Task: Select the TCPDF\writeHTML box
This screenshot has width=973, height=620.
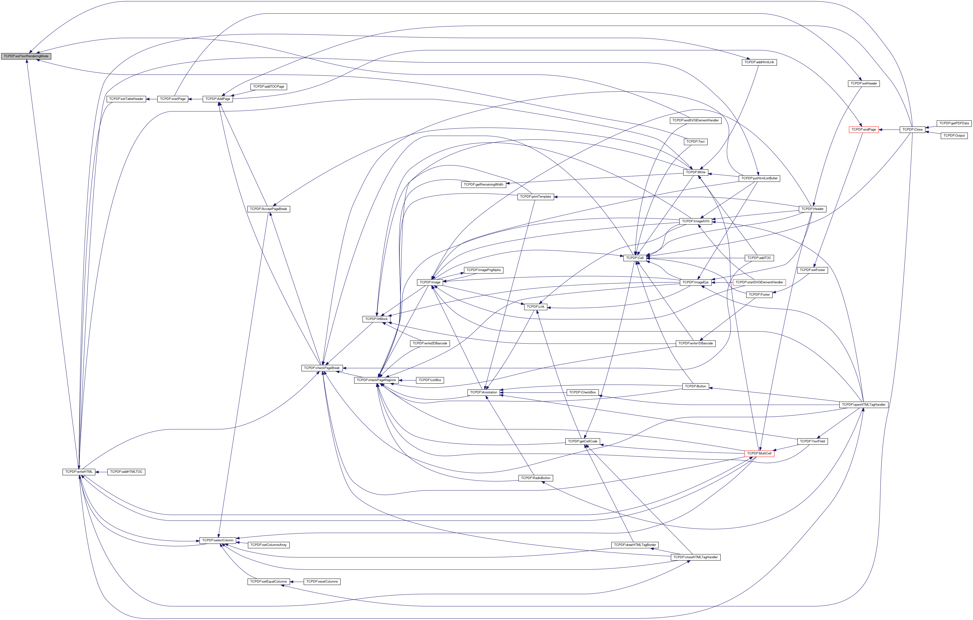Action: [x=79, y=472]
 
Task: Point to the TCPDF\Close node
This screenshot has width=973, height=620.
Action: [x=912, y=129]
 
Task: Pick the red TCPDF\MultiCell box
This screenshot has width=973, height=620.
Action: [x=759, y=453]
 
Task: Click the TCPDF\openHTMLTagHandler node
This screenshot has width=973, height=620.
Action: [x=864, y=404]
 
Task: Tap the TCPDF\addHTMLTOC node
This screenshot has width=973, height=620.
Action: [x=126, y=472]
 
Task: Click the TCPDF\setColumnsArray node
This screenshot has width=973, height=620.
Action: [x=268, y=545]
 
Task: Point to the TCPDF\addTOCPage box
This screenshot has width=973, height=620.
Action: [x=269, y=87]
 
